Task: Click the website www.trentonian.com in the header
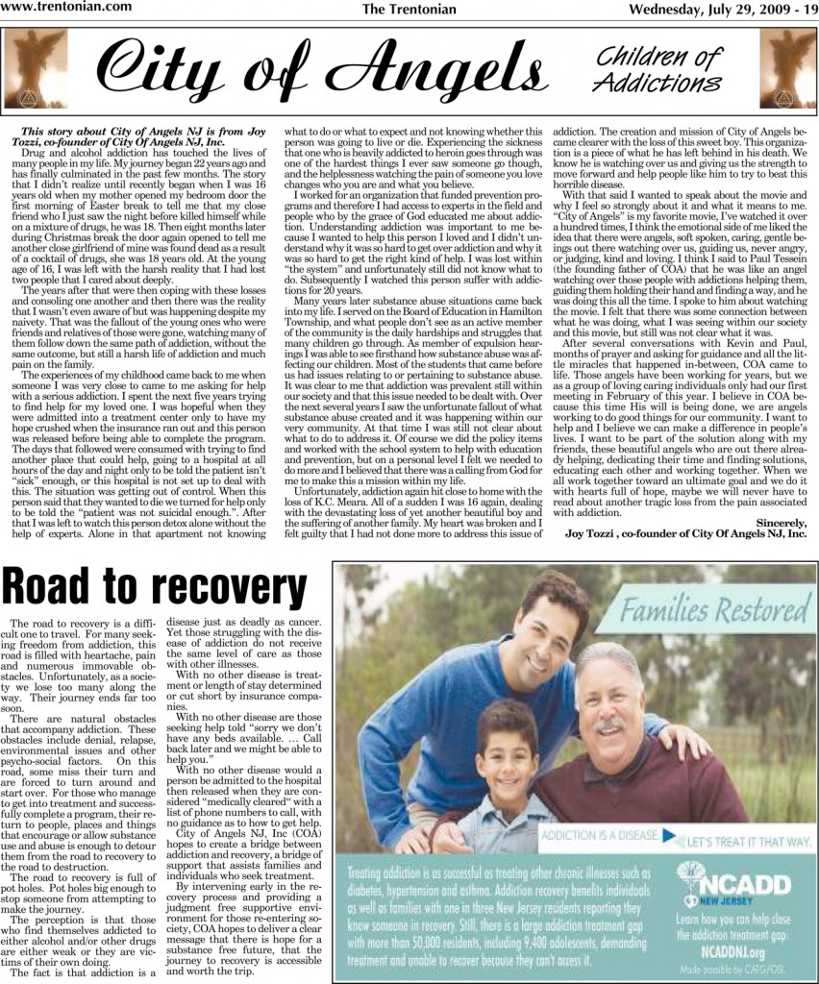tap(57, 8)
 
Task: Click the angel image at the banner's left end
tap(37, 69)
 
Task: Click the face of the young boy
tap(507, 746)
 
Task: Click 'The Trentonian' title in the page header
tap(409, 9)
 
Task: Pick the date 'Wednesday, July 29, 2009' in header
tap(707, 9)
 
